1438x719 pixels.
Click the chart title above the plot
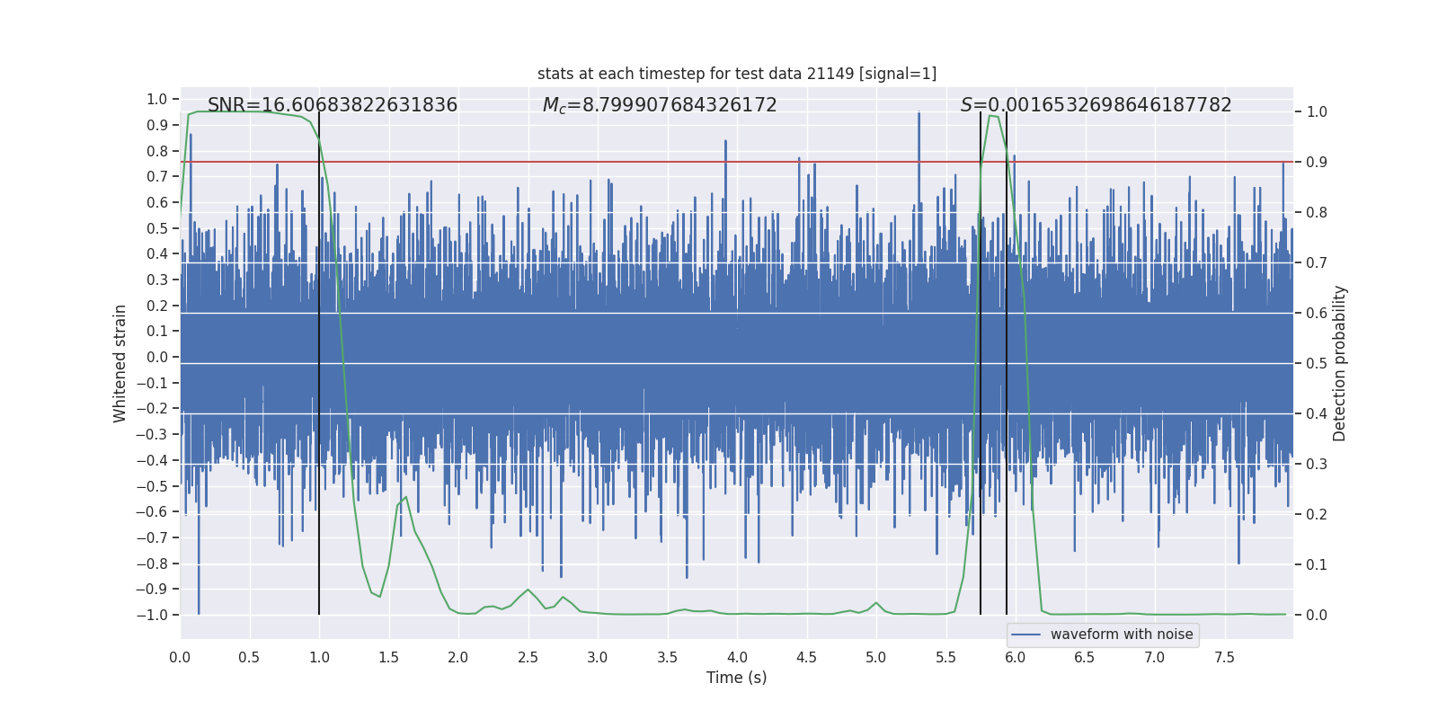pos(737,74)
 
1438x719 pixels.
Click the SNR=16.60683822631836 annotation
pos(333,105)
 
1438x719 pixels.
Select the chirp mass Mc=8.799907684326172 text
pos(660,105)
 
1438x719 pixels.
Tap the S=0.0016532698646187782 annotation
pos(1096,105)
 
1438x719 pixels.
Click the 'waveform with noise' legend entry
pos(1121,635)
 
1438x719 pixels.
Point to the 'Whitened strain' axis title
pos(120,363)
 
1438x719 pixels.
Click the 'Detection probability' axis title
pos(1340,363)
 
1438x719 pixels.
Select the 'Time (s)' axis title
pos(736,678)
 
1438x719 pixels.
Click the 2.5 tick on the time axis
pos(528,658)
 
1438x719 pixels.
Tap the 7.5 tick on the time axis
pos(1224,658)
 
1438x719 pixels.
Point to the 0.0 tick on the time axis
pos(180,658)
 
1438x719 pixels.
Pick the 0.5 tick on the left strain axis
pos(157,228)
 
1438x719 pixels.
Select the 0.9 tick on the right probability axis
pos(1317,163)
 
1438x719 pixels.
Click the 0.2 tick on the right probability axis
pos(1317,515)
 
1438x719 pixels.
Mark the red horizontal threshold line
pos(629,162)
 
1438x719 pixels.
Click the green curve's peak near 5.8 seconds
pos(992,116)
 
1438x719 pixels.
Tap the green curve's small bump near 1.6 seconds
pos(405,498)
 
